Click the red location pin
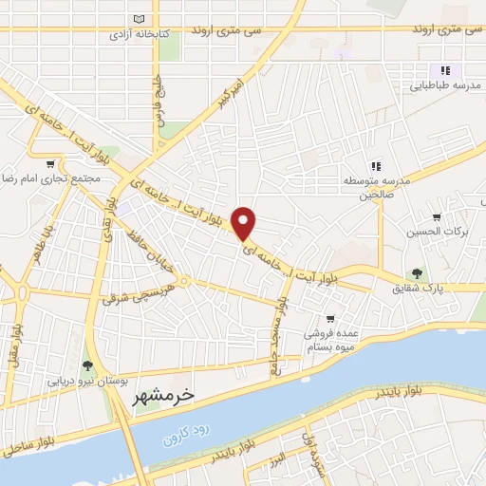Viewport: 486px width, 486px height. [245, 223]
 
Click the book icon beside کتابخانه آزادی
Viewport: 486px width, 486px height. [140, 20]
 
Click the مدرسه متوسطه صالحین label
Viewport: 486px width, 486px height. [377, 188]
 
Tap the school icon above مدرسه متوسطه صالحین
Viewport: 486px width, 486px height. [376, 167]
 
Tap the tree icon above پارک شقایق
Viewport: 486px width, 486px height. [414, 274]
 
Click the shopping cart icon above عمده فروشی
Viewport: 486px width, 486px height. [329, 319]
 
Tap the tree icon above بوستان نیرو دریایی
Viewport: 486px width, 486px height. [88, 364]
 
